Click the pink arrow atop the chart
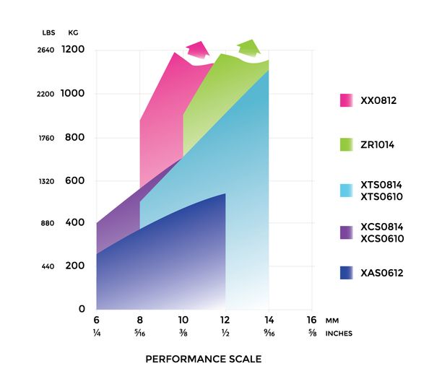196,51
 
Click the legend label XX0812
378,101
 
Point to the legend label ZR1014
378,145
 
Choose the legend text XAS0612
381,273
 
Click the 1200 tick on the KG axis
74,50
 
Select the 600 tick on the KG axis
77,181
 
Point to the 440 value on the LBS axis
47,267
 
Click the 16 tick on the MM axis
312,320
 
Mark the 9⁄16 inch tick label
269,334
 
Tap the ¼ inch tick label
96,334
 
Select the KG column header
73,32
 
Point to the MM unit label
333,320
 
